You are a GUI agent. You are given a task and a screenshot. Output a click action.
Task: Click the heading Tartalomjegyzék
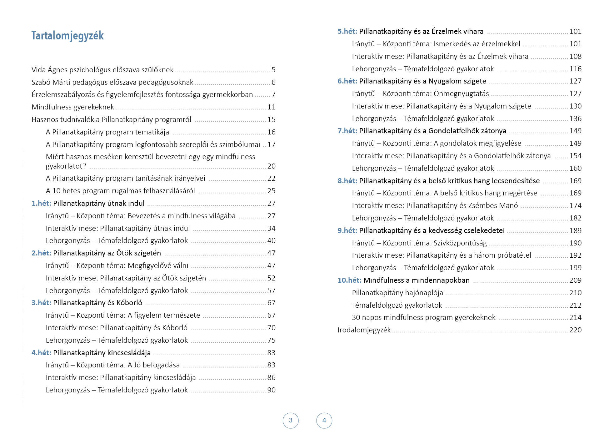[x=67, y=36]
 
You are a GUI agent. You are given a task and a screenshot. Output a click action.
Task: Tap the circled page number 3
[x=291, y=420]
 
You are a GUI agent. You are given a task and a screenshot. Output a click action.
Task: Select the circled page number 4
[x=324, y=420]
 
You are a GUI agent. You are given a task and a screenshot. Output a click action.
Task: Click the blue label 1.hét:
[x=41, y=203]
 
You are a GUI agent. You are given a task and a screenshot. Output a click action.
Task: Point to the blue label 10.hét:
[x=349, y=280]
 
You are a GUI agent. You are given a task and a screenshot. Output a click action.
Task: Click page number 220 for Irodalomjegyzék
[x=575, y=330]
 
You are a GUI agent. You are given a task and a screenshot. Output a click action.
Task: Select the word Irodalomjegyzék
[x=364, y=330]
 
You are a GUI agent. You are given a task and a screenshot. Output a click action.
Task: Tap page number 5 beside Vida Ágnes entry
[x=273, y=70]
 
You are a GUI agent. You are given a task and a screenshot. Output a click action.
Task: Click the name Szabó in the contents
[x=41, y=82]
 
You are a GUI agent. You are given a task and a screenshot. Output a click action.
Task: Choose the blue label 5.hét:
[x=347, y=31]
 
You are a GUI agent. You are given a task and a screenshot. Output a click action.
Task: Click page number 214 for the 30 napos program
[x=575, y=317]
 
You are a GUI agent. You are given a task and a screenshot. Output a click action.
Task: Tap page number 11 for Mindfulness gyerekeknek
[x=271, y=107]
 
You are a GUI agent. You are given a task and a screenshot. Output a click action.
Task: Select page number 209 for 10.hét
[x=575, y=280]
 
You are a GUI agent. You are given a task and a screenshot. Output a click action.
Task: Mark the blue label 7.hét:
[x=347, y=131]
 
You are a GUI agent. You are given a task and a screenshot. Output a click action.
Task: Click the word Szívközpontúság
[x=460, y=243]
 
